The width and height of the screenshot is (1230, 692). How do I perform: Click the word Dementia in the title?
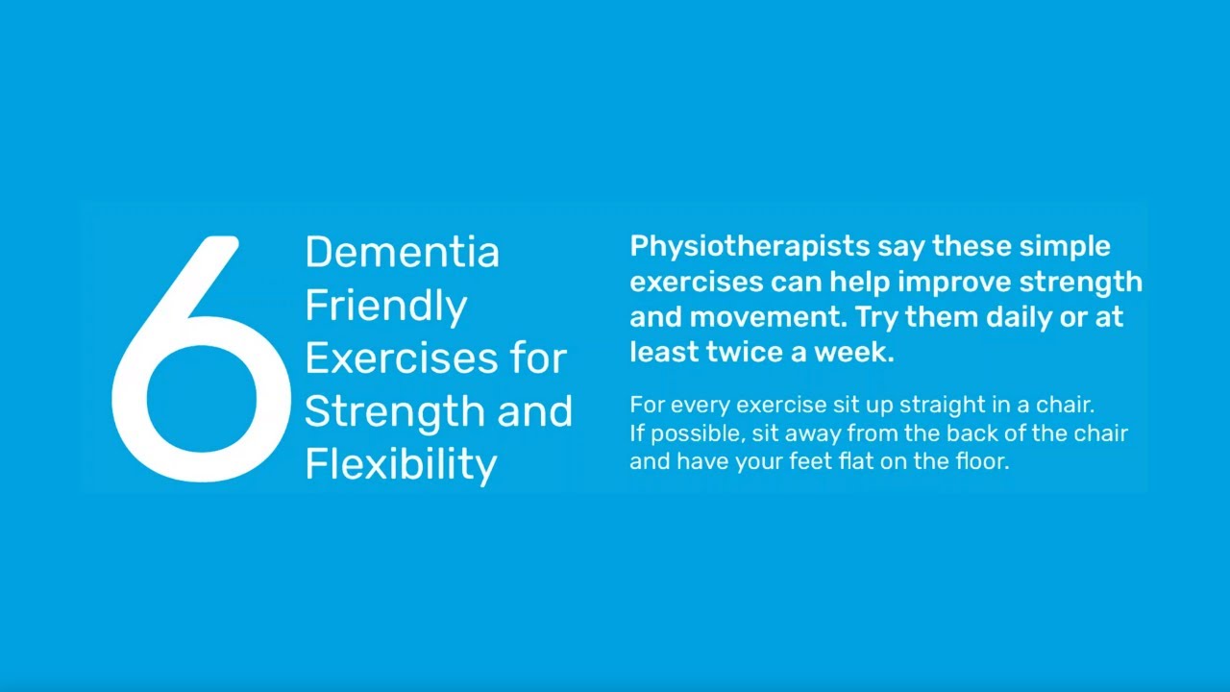click(x=402, y=252)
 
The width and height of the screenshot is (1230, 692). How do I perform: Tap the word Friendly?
click(x=386, y=306)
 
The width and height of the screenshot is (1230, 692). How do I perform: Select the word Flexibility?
click(x=401, y=464)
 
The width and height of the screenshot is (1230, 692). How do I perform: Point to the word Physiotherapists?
click(x=750, y=247)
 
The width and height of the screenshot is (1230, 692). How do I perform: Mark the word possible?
click(x=695, y=433)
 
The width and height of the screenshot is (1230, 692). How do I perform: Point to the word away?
click(x=813, y=433)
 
